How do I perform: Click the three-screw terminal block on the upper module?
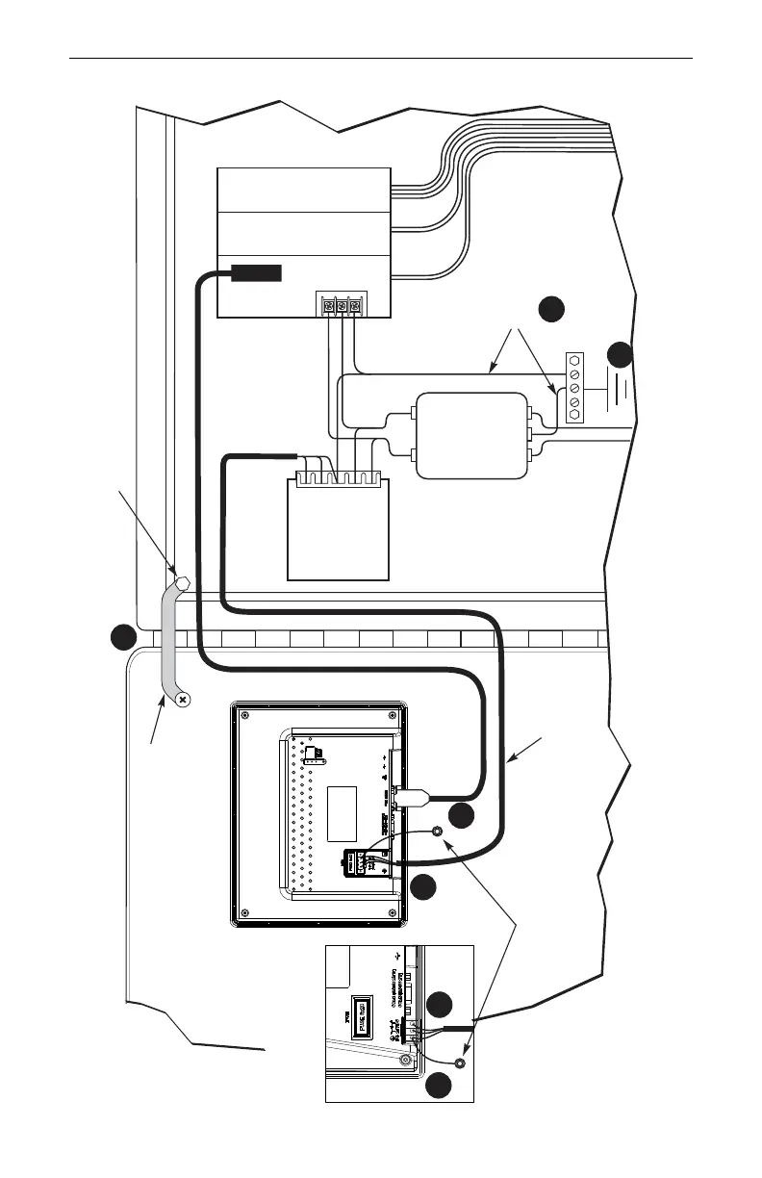pyautogui.click(x=343, y=305)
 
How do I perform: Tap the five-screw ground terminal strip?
pyautogui.click(x=575, y=388)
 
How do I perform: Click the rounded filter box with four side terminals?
pyautogui.click(x=471, y=436)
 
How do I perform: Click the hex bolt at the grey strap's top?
pyautogui.click(x=179, y=583)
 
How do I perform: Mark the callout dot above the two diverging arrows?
pyautogui.click(x=549, y=309)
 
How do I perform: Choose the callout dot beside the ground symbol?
pyautogui.click(x=621, y=353)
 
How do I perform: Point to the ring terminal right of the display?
pyautogui.click(x=438, y=832)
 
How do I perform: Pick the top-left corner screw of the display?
pyautogui.click(x=246, y=713)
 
